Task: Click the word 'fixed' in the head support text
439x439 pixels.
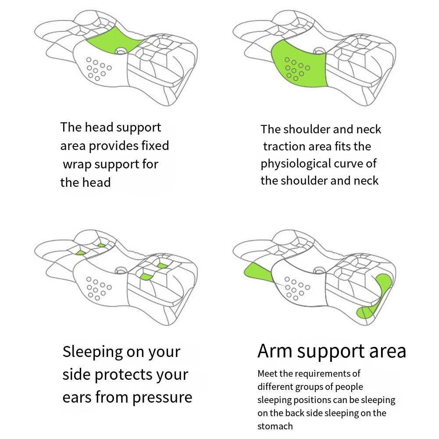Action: pos(153,146)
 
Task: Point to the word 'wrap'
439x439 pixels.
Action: pos(77,164)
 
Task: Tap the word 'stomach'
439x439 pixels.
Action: pos(275,426)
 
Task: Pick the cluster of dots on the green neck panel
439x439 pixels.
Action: pos(296,68)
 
